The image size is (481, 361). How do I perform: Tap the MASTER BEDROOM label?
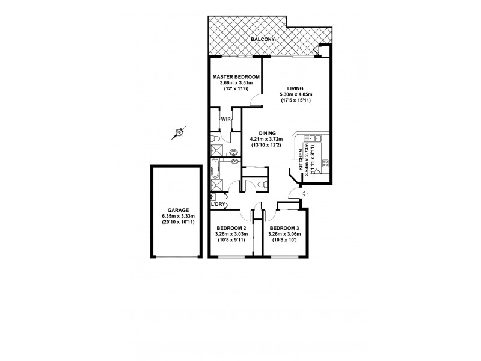236,78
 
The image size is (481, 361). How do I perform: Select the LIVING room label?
295,88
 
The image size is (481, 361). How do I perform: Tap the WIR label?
225,119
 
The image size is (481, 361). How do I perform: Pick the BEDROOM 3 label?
284,229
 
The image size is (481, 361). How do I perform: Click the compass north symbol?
178,134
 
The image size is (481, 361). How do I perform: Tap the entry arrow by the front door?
304,193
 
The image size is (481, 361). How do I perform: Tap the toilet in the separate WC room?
258,184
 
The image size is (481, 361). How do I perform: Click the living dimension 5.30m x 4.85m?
295,94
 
